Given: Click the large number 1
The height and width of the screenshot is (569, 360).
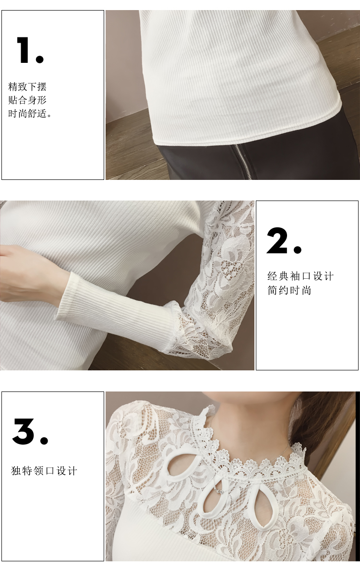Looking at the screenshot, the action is [24, 50].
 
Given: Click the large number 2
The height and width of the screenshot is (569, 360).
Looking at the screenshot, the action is [277, 240].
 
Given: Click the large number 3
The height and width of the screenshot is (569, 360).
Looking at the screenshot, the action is [24, 431].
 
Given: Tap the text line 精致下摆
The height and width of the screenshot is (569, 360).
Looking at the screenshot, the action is [27, 87].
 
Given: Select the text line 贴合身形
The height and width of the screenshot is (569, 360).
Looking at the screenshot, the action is [27, 100].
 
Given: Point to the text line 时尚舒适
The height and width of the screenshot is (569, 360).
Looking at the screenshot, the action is [30, 114].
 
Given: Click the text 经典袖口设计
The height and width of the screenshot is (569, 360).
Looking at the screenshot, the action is [300, 276].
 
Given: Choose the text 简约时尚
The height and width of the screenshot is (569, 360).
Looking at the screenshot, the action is [289, 290].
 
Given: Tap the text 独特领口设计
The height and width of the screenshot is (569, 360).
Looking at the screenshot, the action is [44, 471].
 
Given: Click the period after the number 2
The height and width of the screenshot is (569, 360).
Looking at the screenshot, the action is [297, 249].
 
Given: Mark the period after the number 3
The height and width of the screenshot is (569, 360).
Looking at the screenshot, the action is [44, 440].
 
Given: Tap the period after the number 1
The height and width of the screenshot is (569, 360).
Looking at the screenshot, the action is [40, 59].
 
